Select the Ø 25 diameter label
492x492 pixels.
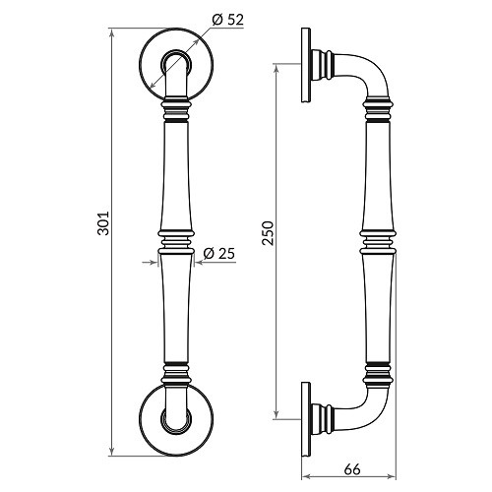(218, 255)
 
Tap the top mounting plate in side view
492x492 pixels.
(307, 68)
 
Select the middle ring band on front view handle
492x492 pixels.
(174, 240)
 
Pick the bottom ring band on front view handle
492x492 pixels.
(174, 373)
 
